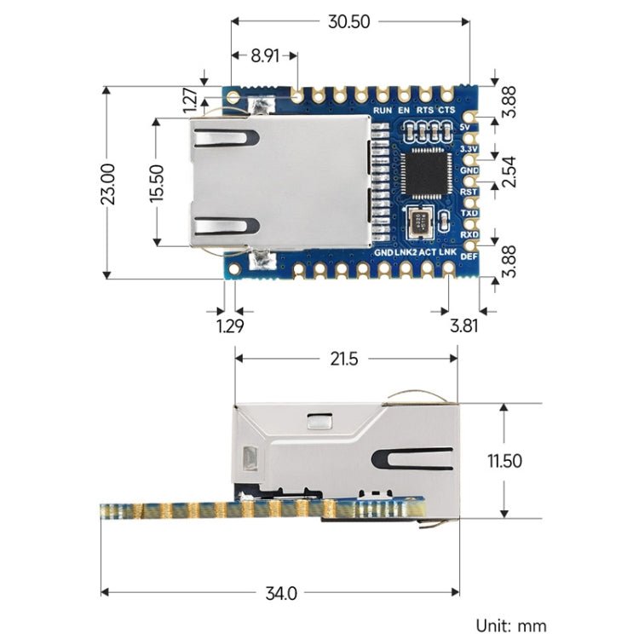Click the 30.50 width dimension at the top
pyautogui.click(x=349, y=22)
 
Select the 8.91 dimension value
pyautogui.click(x=262, y=59)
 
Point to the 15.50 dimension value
pyautogui.click(x=157, y=181)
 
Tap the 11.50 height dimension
pyautogui.click(x=504, y=461)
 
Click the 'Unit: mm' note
pyautogui.click(x=511, y=625)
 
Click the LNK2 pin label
pyautogui.click(x=406, y=253)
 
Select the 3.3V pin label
pyautogui.click(x=469, y=148)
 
